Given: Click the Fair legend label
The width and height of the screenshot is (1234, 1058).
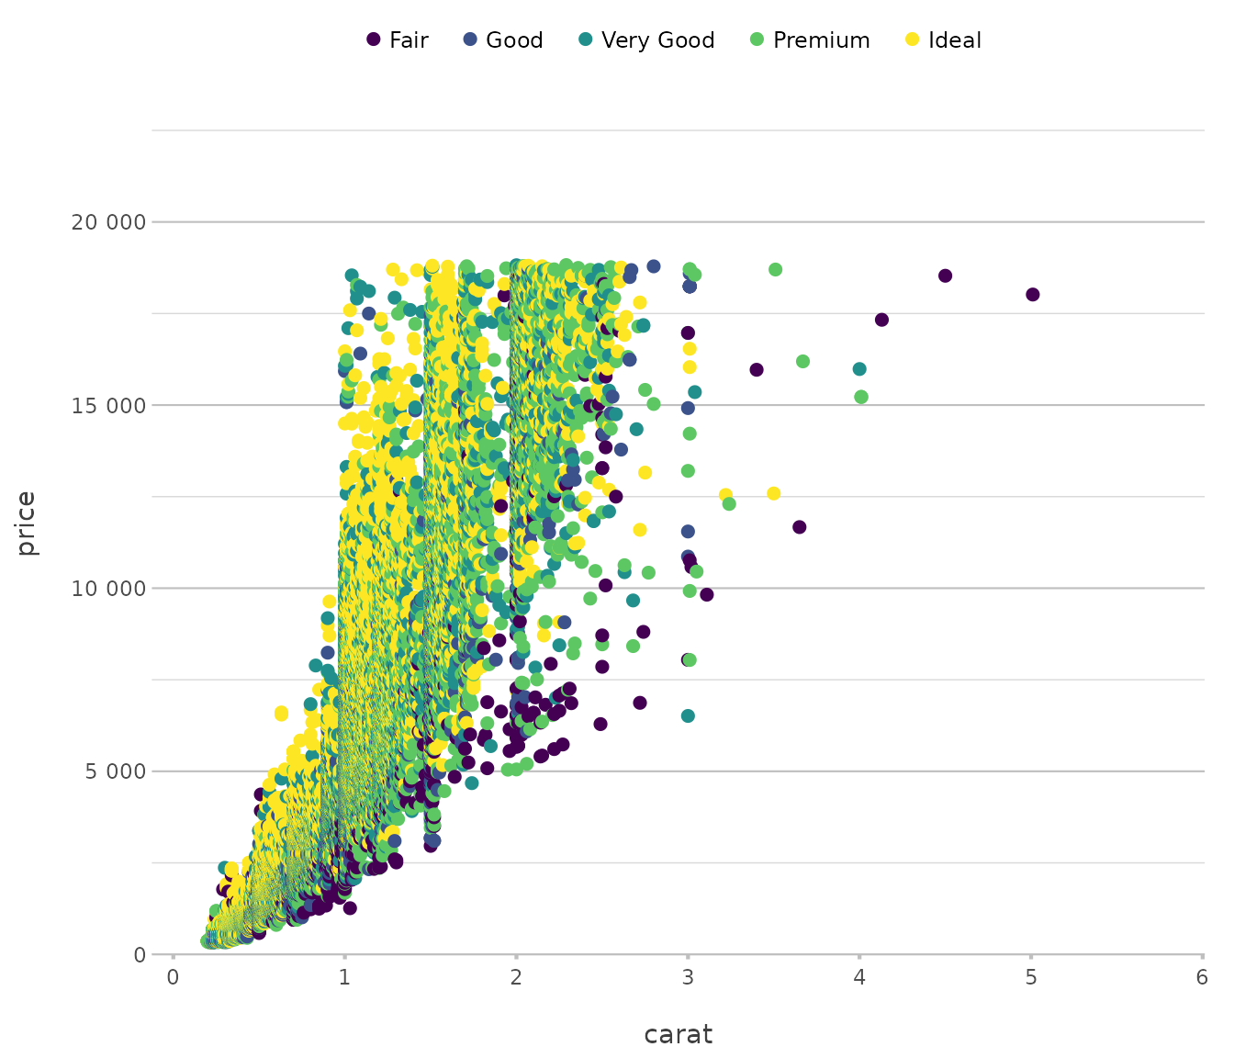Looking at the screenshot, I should [x=409, y=40].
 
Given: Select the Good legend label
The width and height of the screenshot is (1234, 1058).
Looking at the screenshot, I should [x=514, y=40].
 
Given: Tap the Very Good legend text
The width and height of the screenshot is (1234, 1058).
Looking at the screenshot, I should [x=657, y=40].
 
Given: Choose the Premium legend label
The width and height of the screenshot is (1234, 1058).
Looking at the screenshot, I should [x=821, y=40].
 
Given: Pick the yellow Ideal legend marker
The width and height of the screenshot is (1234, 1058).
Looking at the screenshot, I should [x=912, y=39].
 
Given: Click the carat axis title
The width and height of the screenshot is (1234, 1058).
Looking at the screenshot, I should [x=678, y=1035].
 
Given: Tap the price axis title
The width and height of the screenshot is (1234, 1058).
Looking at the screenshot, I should [x=27, y=523].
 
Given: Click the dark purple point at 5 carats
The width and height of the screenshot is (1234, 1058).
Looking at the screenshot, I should [x=1033, y=295].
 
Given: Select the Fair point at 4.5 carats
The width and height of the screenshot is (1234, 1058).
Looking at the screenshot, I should [x=945, y=276].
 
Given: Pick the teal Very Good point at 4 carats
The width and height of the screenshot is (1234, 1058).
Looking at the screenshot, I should [x=859, y=369].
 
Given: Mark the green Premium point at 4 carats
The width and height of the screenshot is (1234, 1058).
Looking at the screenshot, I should [x=861, y=397].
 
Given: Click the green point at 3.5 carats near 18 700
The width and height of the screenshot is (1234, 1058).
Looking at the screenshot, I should [x=775, y=270].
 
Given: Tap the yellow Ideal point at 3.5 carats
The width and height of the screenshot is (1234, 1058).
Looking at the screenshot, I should [x=773, y=494].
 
